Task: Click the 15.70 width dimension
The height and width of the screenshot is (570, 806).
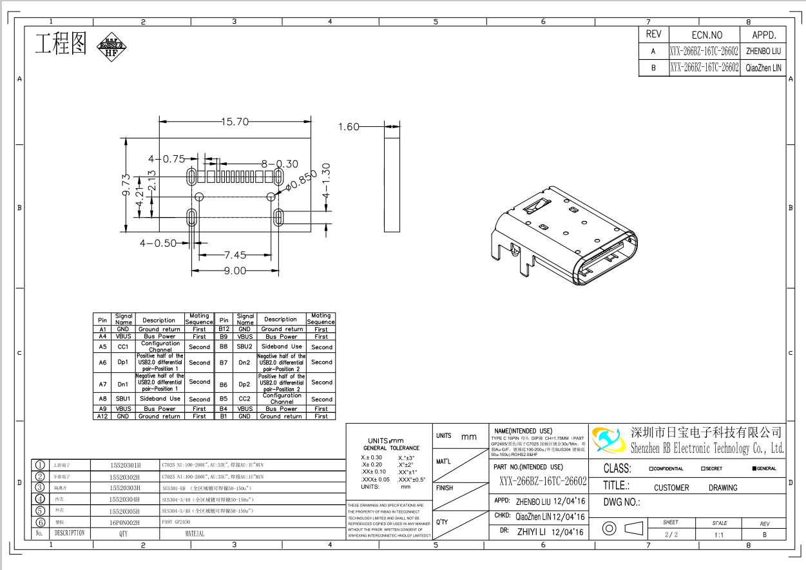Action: click(235, 122)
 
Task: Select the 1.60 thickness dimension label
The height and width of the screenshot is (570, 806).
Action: click(349, 127)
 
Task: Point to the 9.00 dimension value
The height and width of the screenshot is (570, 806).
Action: click(235, 271)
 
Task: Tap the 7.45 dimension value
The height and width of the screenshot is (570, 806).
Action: click(235, 255)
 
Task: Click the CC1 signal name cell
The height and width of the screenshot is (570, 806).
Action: click(123, 347)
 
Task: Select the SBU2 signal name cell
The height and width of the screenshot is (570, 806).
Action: click(245, 347)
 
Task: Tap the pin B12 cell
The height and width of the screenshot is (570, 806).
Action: click(224, 329)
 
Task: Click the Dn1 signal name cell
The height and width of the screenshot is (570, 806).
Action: click(123, 385)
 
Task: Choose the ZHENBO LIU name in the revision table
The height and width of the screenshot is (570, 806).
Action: click(763, 51)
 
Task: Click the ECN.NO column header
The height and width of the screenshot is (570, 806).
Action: click(707, 35)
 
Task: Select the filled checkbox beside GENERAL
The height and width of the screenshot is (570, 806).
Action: click(754, 469)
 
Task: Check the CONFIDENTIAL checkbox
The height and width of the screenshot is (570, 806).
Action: click(651, 469)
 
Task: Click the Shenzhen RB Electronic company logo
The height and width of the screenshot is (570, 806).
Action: click(608, 440)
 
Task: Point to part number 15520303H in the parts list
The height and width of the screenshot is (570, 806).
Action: click(124, 488)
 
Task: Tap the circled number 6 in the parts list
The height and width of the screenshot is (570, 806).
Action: click(40, 522)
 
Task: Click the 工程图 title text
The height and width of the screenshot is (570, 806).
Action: click(61, 43)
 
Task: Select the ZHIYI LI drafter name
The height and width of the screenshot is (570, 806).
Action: click(532, 532)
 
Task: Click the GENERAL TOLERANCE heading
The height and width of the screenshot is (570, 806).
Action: click(391, 448)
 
